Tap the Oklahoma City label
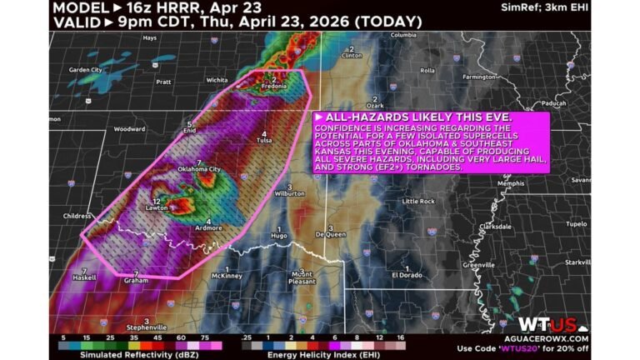tap(198, 169)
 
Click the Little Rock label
tap(418, 202)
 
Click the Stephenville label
tap(147, 327)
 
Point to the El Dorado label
tap(410, 275)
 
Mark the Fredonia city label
tap(274, 87)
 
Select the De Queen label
tap(330, 235)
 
